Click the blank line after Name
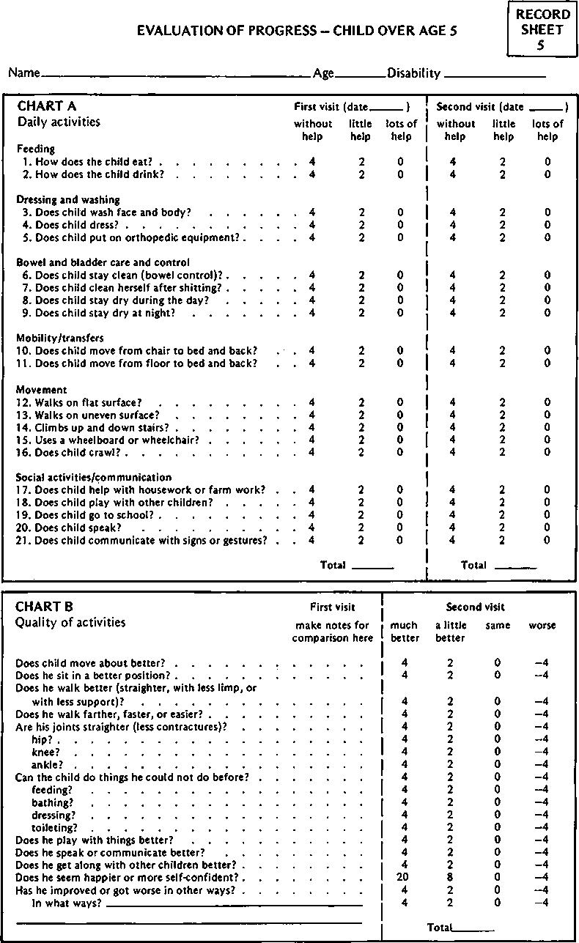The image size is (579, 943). [176, 75]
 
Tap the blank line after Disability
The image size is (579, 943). [495, 75]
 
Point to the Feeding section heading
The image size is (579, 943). [36, 149]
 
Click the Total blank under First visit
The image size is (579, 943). [372, 567]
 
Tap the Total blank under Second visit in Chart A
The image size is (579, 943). [516, 567]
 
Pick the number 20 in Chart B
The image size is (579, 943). [404, 878]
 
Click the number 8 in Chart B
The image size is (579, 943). [450, 878]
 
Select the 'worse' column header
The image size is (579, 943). [542, 626]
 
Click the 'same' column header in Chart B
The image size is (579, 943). [498, 626]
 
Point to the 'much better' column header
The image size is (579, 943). [404, 632]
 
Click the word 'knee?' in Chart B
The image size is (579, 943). [45, 752]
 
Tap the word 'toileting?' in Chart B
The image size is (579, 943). [54, 828]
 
